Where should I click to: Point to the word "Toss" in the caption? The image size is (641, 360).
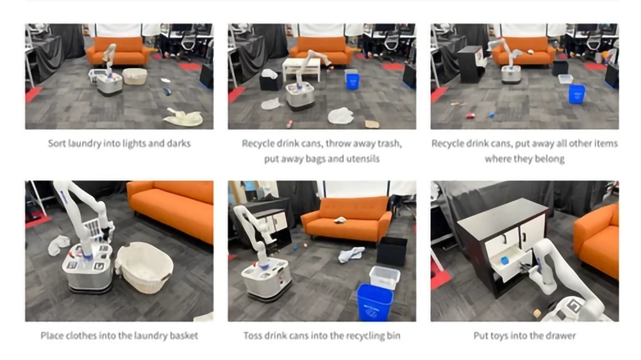[253, 336]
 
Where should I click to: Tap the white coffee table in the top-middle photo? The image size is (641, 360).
[302, 68]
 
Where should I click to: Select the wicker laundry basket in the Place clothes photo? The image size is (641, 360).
[144, 266]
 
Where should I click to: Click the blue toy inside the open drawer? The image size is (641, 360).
[504, 260]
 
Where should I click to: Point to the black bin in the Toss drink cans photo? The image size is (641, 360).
[392, 251]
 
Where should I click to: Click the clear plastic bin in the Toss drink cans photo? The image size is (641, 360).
[384, 277]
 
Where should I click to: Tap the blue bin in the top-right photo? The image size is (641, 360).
[576, 94]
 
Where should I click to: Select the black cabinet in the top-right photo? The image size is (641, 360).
[471, 64]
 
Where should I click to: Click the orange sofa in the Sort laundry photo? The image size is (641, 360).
[119, 51]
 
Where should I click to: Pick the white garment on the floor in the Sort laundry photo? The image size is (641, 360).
[183, 117]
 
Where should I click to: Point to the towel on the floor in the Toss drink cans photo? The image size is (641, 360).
[351, 254]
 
